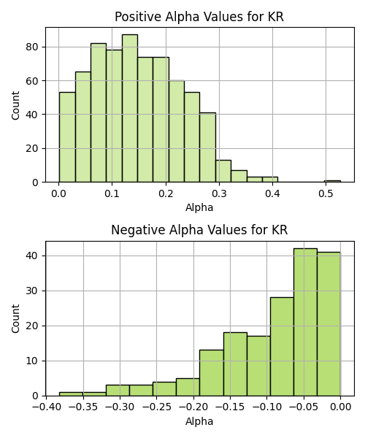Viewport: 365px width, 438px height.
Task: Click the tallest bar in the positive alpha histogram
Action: [130, 108]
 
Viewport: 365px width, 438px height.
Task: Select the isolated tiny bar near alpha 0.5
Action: [332, 181]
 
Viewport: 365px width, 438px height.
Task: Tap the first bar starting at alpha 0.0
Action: [67, 137]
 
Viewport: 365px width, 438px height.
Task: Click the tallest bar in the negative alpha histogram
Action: [305, 322]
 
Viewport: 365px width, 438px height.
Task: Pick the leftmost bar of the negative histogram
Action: [71, 394]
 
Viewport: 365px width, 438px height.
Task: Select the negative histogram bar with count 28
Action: [282, 347]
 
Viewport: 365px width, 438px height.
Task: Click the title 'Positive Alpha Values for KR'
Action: [199, 17]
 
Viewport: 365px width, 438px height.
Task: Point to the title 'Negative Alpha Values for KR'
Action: [199, 230]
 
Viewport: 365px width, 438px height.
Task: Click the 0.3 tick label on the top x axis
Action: [219, 193]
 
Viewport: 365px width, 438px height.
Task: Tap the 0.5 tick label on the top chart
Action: [326, 193]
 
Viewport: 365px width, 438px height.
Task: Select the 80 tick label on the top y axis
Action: [32, 47]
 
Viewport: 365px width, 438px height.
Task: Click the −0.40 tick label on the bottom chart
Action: [47, 407]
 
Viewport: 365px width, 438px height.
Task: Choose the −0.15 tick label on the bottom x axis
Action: [230, 407]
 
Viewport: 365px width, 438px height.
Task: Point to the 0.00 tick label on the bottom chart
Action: [340, 407]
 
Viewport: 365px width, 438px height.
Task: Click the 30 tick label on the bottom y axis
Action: [32, 291]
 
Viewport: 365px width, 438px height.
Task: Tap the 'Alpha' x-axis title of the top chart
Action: [199, 207]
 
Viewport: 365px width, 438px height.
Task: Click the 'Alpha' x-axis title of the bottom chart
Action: [199, 421]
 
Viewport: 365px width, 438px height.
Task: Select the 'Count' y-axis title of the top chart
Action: [15, 105]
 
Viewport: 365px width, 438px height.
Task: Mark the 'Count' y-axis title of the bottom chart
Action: [15, 319]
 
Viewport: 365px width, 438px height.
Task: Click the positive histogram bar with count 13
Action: [223, 172]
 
